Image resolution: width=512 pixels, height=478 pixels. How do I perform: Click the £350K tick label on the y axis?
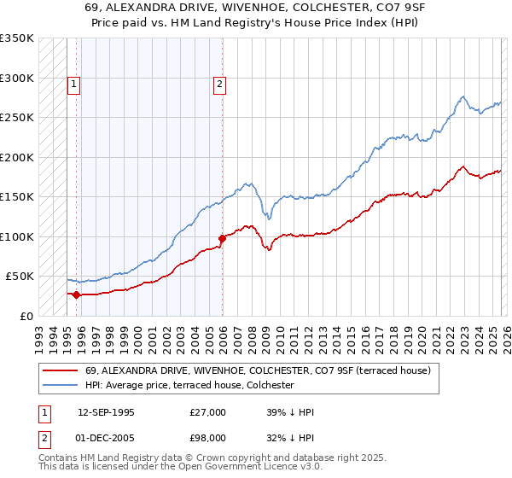(x=17, y=38)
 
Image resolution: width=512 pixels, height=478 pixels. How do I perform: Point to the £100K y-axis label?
(x=17, y=236)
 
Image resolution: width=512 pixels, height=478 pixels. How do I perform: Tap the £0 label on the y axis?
(x=26, y=316)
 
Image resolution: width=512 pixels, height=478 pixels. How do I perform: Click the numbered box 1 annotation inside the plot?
(x=74, y=84)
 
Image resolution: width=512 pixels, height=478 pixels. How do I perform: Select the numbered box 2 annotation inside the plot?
(x=220, y=84)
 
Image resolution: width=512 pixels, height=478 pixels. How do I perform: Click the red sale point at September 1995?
(x=77, y=295)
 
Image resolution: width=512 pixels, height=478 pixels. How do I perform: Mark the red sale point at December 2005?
(x=222, y=238)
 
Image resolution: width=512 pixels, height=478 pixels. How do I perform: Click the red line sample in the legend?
(x=60, y=370)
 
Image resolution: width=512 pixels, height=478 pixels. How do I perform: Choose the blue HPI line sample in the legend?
(x=60, y=385)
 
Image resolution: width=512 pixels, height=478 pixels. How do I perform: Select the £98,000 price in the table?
(x=208, y=437)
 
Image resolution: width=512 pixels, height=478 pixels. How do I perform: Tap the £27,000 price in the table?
(x=208, y=411)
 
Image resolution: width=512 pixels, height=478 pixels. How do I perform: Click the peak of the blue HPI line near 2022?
(x=462, y=96)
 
